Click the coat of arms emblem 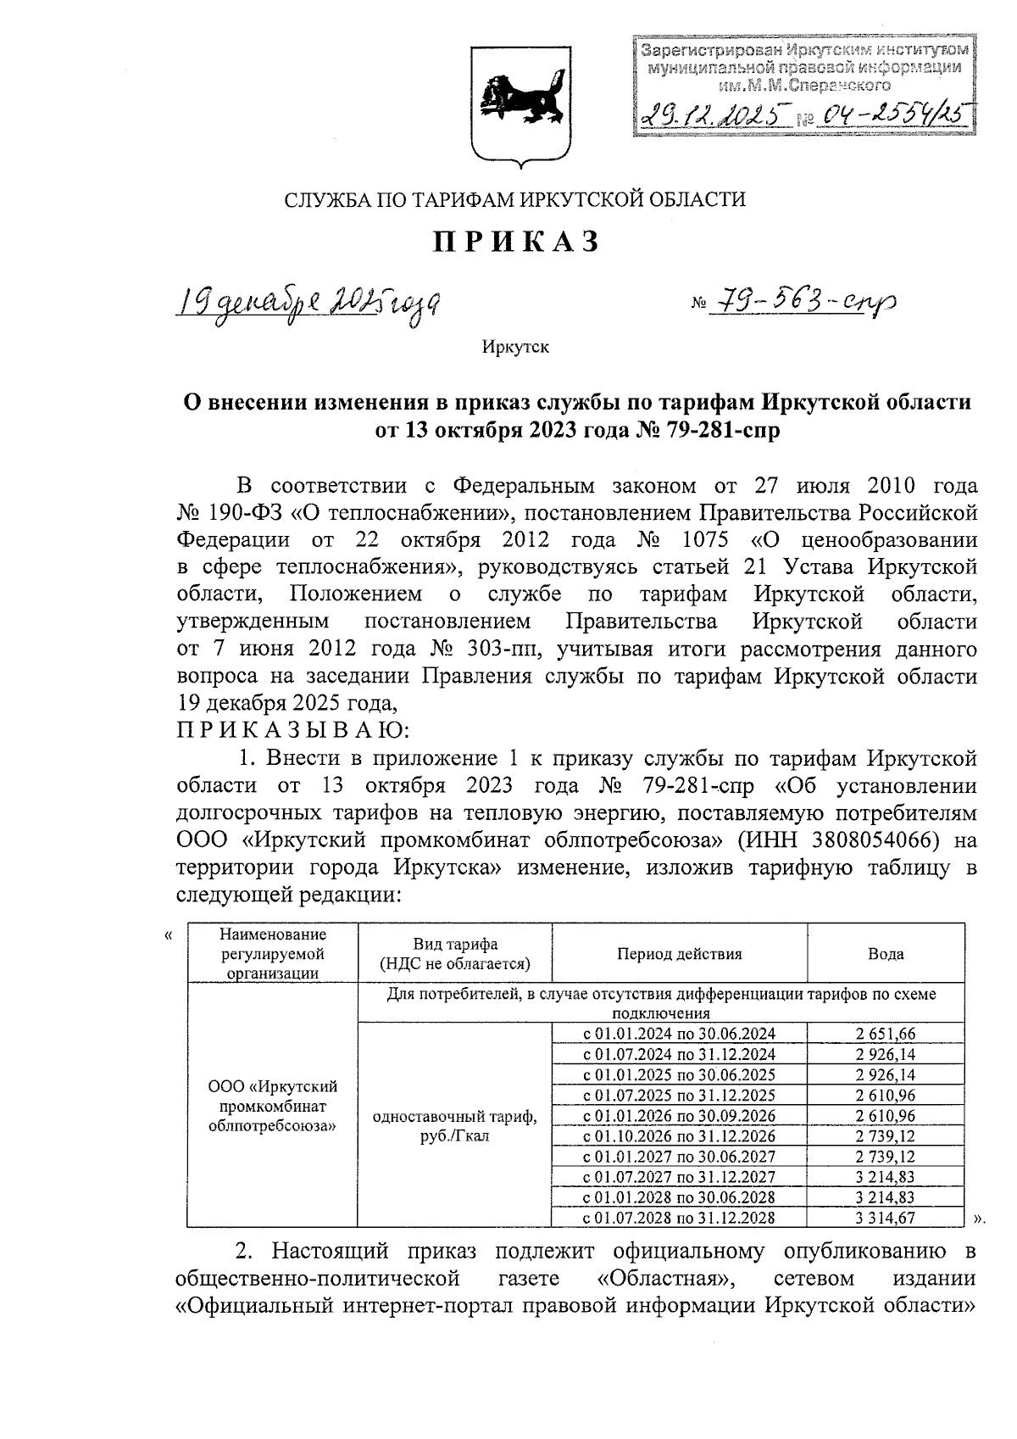pyautogui.click(x=514, y=98)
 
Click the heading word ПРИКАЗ pyautogui.click(x=516, y=243)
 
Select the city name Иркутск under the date pyautogui.click(x=515, y=348)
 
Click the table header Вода pyautogui.click(x=885, y=954)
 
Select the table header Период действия pyautogui.click(x=679, y=954)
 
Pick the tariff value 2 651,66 pyautogui.click(x=885, y=1035)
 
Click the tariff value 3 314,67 pyautogui.click(x=885, y=1218)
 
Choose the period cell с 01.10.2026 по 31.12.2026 pyautogui.click(x=679, y=1136)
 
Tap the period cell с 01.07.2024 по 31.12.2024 pyautogui.click(x=679, y=1055)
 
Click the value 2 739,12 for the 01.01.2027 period pyautogui.click(x=885, y=1157)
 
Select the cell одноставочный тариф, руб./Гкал pyautogui.click(x=454, y=1126)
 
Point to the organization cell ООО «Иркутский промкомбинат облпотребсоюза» pyautogui.click(x=272, y=1106)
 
